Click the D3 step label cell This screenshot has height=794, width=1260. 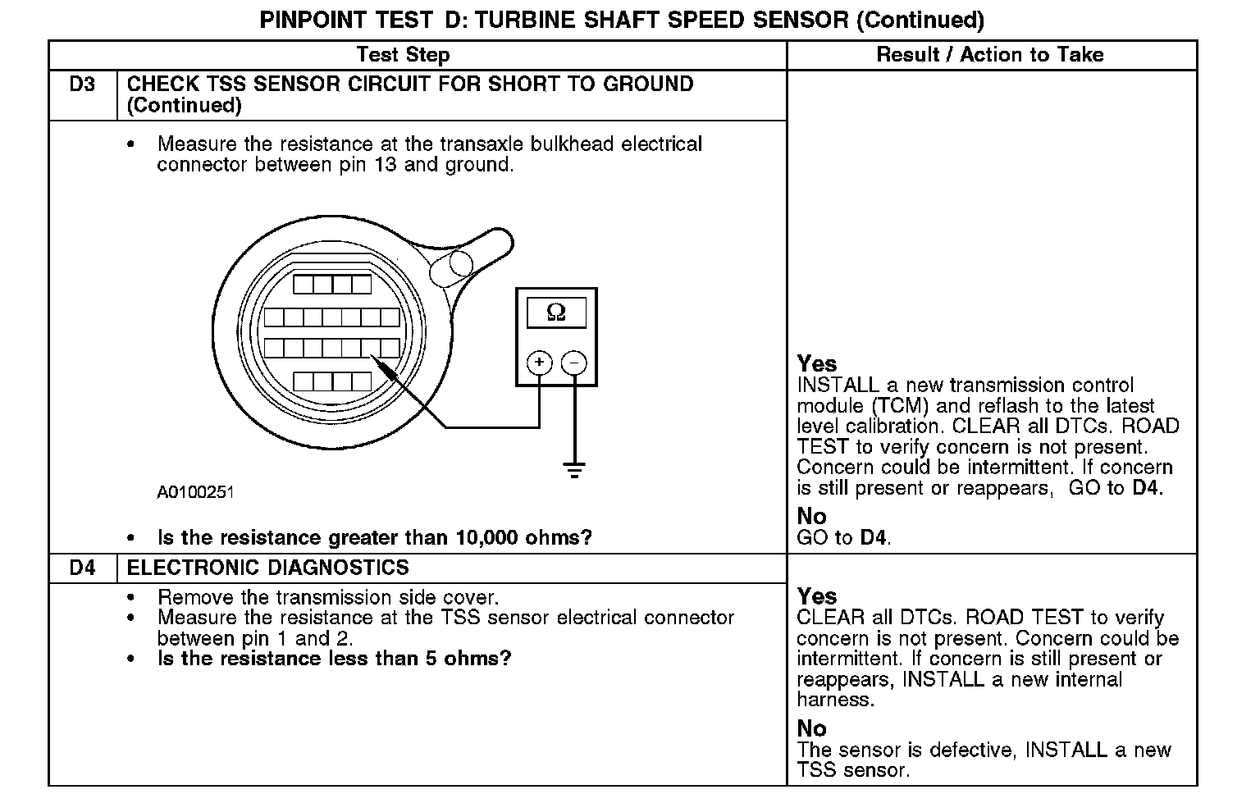click(82, 84)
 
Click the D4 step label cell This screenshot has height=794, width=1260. click(82, 568)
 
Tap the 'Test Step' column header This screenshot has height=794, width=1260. click(403, 55)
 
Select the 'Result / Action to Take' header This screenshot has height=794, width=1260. click(990, 55)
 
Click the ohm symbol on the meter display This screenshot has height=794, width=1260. click(556, 313)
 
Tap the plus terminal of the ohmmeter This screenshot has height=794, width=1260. click(539, 363)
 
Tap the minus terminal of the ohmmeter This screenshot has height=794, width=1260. click(575, 363)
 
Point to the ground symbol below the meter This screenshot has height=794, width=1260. click(574, 470)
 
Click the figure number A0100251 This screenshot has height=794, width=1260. click(195, 492)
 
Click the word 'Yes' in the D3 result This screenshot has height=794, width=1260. click(817, 363)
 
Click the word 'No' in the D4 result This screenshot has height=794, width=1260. click(811, 728)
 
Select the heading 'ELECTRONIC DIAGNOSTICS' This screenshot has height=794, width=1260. click(268, 568)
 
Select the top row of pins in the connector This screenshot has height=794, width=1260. click(332, 285)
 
